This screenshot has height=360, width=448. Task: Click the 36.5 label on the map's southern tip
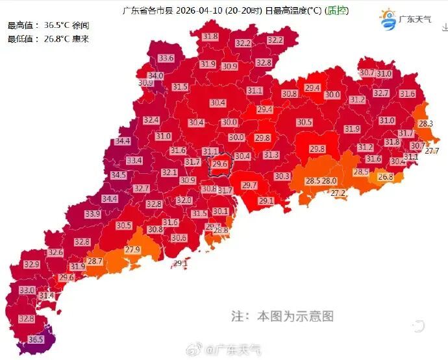tap(36, 339)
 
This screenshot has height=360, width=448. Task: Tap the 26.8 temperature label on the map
tap(386, 176)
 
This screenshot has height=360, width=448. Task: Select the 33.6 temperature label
tap(166, 58)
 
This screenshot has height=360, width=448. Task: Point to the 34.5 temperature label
tap(118, 175)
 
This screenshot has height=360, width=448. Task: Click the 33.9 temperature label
tap(92, 213)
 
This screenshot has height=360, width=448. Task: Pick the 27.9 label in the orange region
tap(132, 250)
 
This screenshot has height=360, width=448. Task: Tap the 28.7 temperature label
tap(95, 261)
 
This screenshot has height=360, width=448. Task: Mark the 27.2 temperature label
tap(338, 193)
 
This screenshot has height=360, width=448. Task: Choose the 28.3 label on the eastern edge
tap(426, 123)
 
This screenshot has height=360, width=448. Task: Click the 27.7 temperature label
tap(432, 150)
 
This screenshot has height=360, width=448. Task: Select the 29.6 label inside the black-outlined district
tap(219, 165)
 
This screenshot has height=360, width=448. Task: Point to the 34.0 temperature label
tap(156, 76)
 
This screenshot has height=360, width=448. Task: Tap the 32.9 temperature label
tap(31, 265)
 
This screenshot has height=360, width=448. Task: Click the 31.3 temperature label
tap(271, 154)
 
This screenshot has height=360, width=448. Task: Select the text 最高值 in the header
tap(21, 25)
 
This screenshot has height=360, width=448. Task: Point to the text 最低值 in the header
tap(21, 39)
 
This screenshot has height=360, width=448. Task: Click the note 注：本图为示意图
tap(282, 317)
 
